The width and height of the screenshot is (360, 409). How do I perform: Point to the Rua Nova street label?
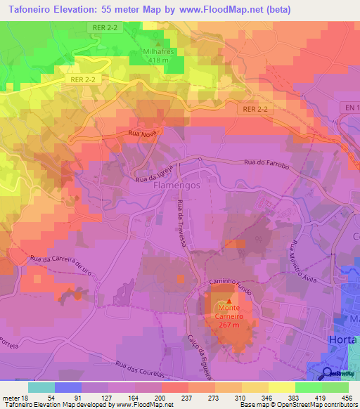[143, 132]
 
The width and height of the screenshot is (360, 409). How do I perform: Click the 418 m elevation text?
[160, 61]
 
